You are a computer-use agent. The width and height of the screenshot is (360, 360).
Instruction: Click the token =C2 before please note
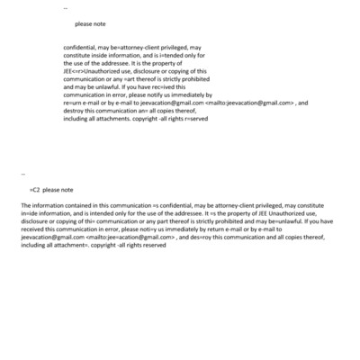(x=35, y=190)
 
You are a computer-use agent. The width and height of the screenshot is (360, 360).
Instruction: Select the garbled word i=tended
(x=163, y=56)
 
